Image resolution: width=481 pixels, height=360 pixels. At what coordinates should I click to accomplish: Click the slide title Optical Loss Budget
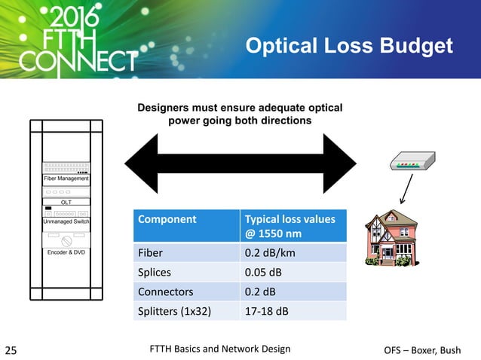pos(350,47)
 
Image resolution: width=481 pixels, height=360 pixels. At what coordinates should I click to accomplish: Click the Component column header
pos(165,220)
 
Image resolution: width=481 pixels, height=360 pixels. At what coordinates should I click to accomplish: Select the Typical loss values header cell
pos(290,226)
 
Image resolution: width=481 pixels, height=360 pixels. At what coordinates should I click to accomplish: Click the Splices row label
pos(155,272)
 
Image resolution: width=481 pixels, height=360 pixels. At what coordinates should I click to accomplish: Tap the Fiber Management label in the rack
pos(65,179)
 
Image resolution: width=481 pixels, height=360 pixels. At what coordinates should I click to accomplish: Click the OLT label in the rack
pos(65,201)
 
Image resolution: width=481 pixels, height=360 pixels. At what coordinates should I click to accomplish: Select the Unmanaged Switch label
pos(65,221)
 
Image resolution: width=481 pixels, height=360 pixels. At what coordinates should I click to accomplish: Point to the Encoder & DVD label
pos(65,252)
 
